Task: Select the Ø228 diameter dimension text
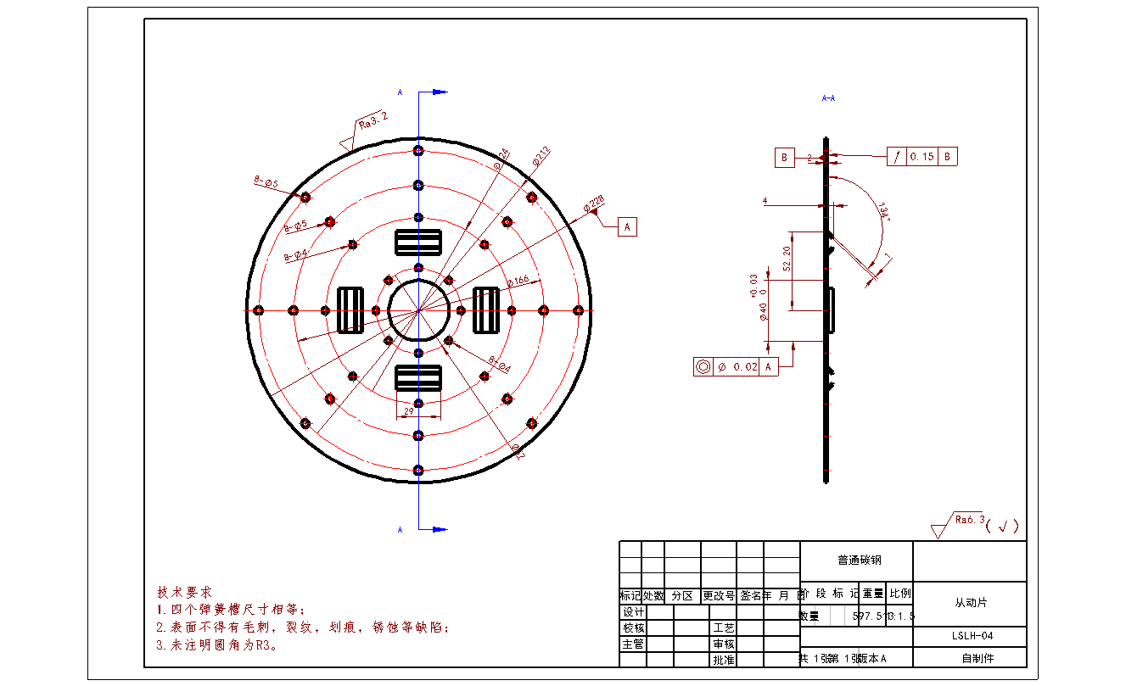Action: click(593, 203)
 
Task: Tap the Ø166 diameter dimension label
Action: click(518, 279)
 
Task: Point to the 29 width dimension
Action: click(408, 411)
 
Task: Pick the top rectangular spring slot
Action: click(418, 242)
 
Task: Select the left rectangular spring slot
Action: click(350, 310)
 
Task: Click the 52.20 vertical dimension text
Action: click(787, 259)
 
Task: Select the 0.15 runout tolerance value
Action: click(922, 157)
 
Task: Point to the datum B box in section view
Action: click(784, 157)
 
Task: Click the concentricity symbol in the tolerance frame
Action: click(703, 367)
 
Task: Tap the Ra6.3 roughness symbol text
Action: click(969, 520)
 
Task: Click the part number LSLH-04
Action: click(970, 636)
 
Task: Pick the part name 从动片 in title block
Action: click(970, 603)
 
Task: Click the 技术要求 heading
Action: click(184, 591)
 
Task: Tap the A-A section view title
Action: click(829, 98)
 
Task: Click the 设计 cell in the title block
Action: click(634, 612)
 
